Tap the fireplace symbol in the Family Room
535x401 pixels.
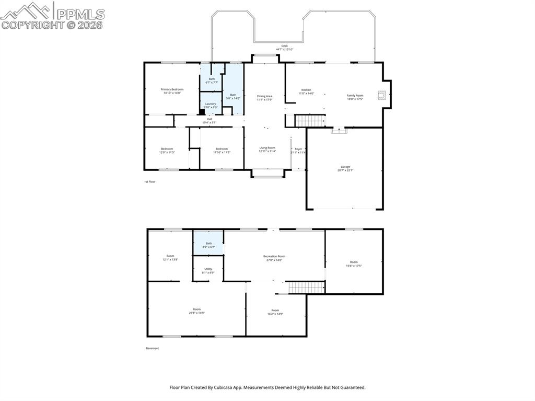382,95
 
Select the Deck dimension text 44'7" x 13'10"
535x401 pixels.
285,50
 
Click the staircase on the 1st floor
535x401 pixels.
310,121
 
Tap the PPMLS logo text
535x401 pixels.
80,14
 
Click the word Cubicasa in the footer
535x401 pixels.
236,387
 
